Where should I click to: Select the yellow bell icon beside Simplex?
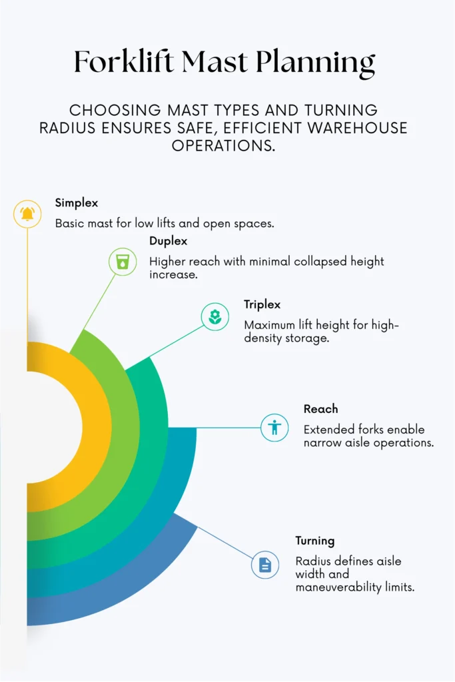(27, 214)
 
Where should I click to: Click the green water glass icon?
(123, 262)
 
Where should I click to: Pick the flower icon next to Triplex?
(215, 316)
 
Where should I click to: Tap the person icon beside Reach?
(274, 428)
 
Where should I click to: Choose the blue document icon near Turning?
(265, 565)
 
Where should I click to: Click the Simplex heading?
(77, 203)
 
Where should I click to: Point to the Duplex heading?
(169, 241)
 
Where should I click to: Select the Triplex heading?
(262, 304)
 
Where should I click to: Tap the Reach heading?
(320, 409)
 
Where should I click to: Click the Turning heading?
(315, 541)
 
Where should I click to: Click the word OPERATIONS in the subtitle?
(223, 146)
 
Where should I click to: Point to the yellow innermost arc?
(97, 426)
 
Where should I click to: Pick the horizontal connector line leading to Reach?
(215, 428)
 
